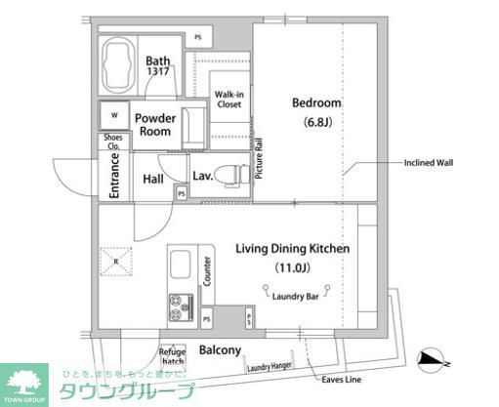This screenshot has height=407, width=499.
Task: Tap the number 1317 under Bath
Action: pyautogui.click(x=159, y=72)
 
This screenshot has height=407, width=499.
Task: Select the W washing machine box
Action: pyautogui.click(x=115, y=115)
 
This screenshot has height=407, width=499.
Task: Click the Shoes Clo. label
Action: pyautogui.click(x=113, y=142)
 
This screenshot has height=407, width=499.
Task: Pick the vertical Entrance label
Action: pyautogui.click(x=114, y=180)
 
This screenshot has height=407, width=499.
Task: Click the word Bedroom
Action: pyautogui.click(x=315, y=102)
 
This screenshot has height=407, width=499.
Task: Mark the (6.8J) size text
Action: pyautogui.click(x=315, y=123)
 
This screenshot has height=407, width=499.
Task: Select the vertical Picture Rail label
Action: pyautogui.click(x=260, y=157)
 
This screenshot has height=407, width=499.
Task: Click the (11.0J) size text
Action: pyautogui.click(x=292, y=267)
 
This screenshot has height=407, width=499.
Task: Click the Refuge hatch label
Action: pyautogui.click(x=173, y=356)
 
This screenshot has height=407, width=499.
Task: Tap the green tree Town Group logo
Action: pyautogui.click(x=26, y=383)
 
